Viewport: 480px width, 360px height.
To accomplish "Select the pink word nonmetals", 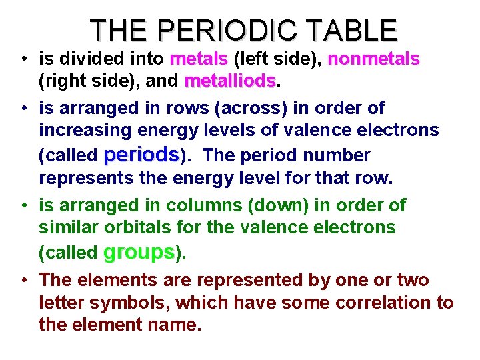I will point(373,59).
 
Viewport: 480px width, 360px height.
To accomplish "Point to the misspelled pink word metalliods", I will point(230,81).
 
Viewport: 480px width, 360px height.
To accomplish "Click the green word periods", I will point(141,155).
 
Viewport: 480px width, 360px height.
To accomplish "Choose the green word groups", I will point(139,252).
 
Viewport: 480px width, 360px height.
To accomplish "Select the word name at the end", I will point(176,325).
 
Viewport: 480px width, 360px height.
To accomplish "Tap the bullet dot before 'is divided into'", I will point(24,59).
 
